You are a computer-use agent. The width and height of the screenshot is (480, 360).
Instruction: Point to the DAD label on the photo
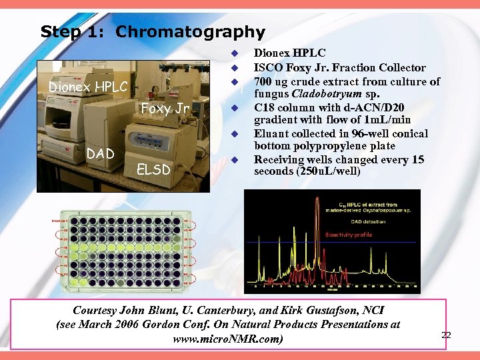pos(101,154)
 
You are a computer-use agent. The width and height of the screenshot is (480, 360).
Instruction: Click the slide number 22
pos(446,335)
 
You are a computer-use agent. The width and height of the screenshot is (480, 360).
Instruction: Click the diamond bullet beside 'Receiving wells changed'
pos(235,160)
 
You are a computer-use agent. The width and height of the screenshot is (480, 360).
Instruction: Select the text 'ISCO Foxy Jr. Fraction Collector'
pos(339,67)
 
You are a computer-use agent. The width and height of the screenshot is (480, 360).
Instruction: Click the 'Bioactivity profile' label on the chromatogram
pos(348,235)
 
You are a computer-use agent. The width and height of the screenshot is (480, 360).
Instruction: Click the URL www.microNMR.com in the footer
pos(227,339)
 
